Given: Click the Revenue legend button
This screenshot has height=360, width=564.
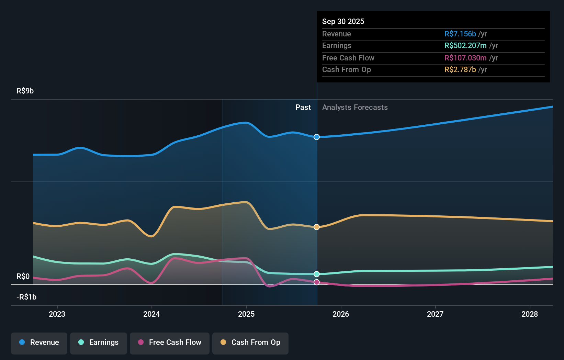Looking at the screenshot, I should tap(39, 343).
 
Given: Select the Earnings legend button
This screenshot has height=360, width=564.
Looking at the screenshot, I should tap(99, 343).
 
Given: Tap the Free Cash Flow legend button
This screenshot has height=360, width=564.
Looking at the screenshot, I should tap(170, 343).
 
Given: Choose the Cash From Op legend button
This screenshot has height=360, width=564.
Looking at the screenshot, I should tap(250, 343).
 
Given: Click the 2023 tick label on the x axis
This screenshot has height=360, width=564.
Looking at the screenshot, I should tap(57, 314).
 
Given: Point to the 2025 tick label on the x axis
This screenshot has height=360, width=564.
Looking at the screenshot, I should tap(246, 314).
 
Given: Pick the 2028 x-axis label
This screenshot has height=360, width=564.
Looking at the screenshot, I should tap(530, 314).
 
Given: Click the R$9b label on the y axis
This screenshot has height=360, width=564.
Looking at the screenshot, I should tap(25, 91).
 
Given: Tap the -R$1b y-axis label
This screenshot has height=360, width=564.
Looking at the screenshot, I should tap(26, 297).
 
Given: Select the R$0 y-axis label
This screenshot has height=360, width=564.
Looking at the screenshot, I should tap(23, 277).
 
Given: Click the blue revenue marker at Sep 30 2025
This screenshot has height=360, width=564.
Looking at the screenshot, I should tap(317, 137).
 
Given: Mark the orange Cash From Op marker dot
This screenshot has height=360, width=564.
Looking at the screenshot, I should tap(317, 227).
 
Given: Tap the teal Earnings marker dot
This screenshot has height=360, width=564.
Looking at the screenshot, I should tap(317, 274).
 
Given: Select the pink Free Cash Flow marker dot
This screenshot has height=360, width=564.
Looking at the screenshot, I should tap(317, 282).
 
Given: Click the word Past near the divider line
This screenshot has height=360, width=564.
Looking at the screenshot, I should tap(303, 108).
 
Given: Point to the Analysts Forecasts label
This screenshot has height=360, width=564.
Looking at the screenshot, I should tap(355, 108).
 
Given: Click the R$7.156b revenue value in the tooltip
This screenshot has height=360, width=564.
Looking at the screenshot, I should tap(460, 34).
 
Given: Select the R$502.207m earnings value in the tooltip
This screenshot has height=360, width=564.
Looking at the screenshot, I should tap(465, 46).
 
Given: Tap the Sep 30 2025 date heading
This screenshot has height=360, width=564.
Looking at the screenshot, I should tap(343, 22).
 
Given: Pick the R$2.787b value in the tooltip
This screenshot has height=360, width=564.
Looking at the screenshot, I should tap(460, 70).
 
